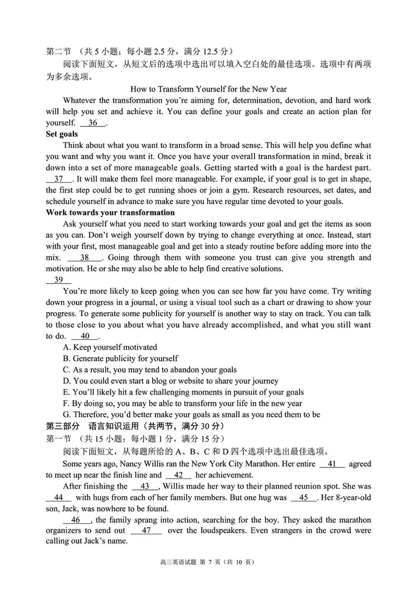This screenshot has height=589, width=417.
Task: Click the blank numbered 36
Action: coord(93,123)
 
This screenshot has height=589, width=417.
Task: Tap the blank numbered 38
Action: coord(84,257)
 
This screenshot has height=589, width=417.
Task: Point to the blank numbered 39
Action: coord(58,280)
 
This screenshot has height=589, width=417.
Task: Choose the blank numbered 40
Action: coord(85,336)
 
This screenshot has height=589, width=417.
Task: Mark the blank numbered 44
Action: coord(58,497)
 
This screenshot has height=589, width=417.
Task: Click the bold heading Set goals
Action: coord(62,134)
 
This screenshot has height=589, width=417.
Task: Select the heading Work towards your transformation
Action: coord(111,213)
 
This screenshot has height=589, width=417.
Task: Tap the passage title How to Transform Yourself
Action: coord(208,89)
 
